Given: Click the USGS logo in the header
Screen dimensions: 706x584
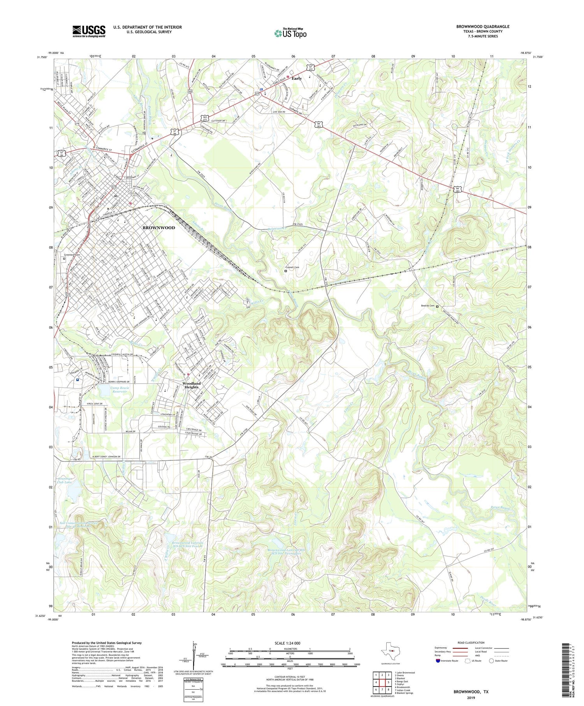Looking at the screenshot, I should (x=89, y=31).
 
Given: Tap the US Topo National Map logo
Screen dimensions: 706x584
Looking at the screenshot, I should (x=290, y=33).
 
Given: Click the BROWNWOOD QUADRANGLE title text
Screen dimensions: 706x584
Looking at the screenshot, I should (x=483, y=26).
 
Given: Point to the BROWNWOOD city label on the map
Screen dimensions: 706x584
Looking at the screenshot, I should (x=158, y=227).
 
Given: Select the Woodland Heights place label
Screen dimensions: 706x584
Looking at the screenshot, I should (x=191, y=385).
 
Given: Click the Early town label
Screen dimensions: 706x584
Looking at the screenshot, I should (x=297, y=78).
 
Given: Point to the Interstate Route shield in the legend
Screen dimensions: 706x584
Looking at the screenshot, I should (x=438, y=661).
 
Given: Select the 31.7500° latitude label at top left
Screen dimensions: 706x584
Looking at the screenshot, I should (x=42, y=57).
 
